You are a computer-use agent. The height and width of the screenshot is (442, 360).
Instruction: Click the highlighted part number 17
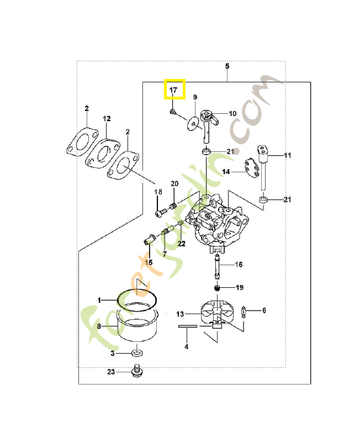(x=173, y=89)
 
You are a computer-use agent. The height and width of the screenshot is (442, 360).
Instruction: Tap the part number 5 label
(x=227, y=66)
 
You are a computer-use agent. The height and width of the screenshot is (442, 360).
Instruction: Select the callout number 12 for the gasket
(x=107, y=119)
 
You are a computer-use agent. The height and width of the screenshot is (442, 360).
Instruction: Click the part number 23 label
(x=111, y=372)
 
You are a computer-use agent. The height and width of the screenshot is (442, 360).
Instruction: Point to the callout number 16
(x=239, y=265)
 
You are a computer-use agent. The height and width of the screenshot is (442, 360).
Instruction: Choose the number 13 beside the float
(x=180, y=314)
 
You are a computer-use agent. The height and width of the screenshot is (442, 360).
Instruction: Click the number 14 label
(x=226, y=172)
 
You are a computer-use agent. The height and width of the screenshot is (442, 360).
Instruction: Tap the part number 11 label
(x=287, y=156)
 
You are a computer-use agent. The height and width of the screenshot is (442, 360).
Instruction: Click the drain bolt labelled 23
(x=136, y=371)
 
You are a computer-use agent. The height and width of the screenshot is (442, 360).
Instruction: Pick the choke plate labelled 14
(x=251, y=167)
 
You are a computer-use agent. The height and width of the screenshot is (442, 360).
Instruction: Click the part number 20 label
(x=174, y=183)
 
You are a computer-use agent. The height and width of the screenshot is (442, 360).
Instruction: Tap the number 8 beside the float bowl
(x=99, y=327)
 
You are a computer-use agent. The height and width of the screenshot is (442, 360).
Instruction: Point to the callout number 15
(x=149, y=261)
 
